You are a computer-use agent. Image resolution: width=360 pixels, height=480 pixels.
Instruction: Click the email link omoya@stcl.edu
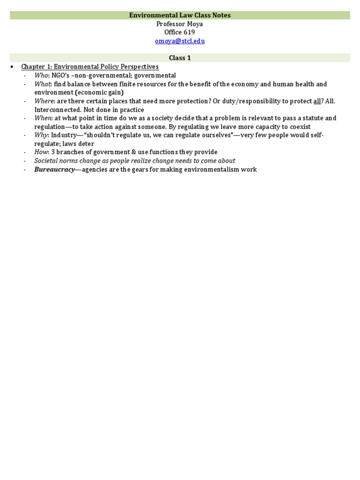click(x=180, y=41)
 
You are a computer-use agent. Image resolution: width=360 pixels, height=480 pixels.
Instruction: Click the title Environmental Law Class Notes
click(x=180, y=15)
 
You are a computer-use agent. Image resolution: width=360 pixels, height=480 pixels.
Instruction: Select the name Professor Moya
click(x=180, y=24)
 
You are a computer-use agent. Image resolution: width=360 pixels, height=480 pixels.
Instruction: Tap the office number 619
click(x=189, y=32)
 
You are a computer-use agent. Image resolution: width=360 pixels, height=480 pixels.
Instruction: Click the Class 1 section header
click(x=180, y=58)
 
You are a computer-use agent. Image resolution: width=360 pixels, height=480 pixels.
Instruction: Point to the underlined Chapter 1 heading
click(x=90, y=67)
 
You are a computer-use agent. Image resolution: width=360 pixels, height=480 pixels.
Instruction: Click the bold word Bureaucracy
click(x=54, y=169)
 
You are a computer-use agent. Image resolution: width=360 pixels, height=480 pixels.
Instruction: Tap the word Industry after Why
click(x=64, y=135)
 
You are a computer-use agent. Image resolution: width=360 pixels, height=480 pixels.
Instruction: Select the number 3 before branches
click(x=52, y=152)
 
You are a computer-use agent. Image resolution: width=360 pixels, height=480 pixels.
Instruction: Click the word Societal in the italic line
click(x=46, y=161)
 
